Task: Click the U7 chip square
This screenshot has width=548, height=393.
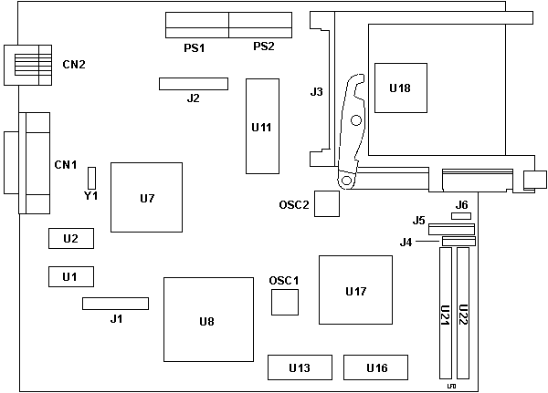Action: point(146,197)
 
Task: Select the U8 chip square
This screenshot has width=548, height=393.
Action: point(207,319)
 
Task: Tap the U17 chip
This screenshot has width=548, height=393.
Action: point(355,290)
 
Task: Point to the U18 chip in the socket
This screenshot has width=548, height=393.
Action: point(400,88)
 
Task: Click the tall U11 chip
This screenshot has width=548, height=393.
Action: point(260,126)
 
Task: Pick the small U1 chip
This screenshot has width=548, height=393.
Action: point(70,275)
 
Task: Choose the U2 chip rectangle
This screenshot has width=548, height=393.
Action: point(70,238)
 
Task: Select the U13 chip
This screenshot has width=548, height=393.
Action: point(299,367)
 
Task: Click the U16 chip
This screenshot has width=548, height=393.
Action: point(376,367)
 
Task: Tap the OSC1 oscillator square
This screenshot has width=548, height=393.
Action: point(285,302)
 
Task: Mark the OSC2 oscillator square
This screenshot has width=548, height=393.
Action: point(326,204)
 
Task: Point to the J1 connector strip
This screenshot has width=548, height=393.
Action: point(115,303)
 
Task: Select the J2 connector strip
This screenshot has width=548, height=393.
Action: point(193,84)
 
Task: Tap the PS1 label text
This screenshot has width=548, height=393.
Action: point(194,47)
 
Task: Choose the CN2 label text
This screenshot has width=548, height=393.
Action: point(74,64)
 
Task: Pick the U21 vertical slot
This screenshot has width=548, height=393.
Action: point(444,315)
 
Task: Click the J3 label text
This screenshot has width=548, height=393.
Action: point(316,91)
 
